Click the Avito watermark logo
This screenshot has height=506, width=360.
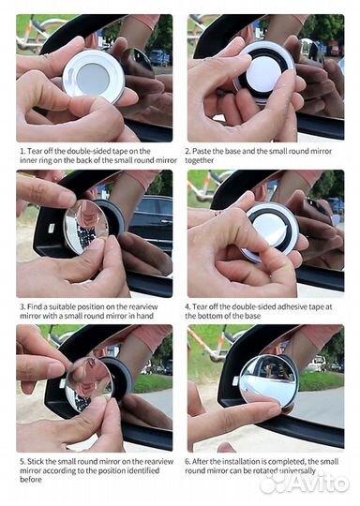(305, 483)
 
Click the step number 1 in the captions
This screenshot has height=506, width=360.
(22, 152)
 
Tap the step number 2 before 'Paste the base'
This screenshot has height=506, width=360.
(187, 152)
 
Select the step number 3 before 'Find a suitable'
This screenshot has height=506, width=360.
(22, 306)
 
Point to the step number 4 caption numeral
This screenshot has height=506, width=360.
(187, 306)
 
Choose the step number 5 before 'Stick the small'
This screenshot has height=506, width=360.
(22, 461)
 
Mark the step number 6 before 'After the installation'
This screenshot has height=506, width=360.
(187, 461)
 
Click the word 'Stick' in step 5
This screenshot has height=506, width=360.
(36, 461)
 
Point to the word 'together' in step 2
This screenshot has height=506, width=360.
(199, 160)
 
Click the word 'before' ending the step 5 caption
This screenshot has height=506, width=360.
(31, 480)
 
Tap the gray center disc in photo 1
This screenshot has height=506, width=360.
(94, 78)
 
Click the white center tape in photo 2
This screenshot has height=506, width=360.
(263, 73)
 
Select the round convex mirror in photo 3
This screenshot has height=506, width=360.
(85, 227)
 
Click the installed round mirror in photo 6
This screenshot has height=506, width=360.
(268, 379)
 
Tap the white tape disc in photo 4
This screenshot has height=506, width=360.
(270, 227)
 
